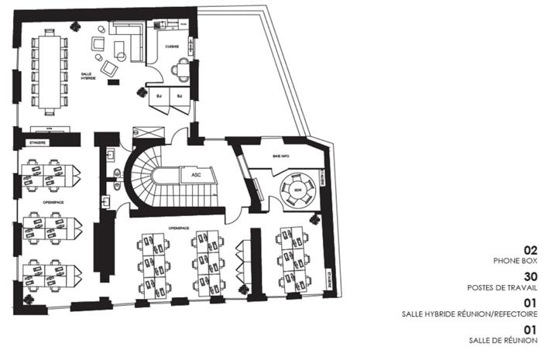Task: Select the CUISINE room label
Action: [173, 46]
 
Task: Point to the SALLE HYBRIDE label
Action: [89, 77]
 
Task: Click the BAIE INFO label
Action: [280, 156]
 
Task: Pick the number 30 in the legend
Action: [530, 278]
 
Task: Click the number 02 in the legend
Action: [530, 251]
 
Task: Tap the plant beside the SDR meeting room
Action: [314, 220]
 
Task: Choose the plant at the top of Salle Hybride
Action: [75, 26]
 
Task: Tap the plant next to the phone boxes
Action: [142, 92]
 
